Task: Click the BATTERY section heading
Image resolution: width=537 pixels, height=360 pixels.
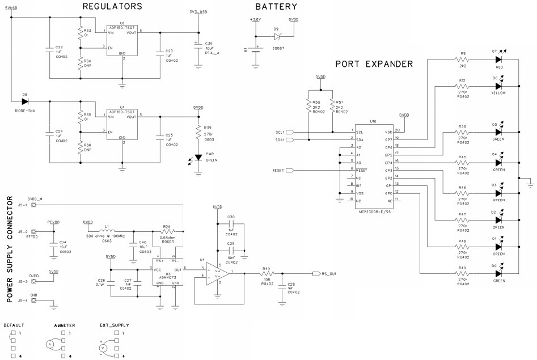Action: (276, 7)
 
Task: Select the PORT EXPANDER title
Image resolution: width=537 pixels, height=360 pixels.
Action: (374, 64)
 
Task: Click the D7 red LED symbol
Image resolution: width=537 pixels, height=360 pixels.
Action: (498, 59)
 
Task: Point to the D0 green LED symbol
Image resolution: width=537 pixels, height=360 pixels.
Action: (498, 273)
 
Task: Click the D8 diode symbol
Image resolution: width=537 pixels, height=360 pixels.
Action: (25, 102)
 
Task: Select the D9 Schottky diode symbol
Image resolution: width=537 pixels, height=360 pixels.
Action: (277, 35)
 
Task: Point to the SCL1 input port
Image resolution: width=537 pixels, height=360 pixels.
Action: (290, 132)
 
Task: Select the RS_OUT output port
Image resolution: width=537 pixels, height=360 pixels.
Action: (316, 273)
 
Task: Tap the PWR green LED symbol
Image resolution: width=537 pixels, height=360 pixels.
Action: (198, 157)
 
